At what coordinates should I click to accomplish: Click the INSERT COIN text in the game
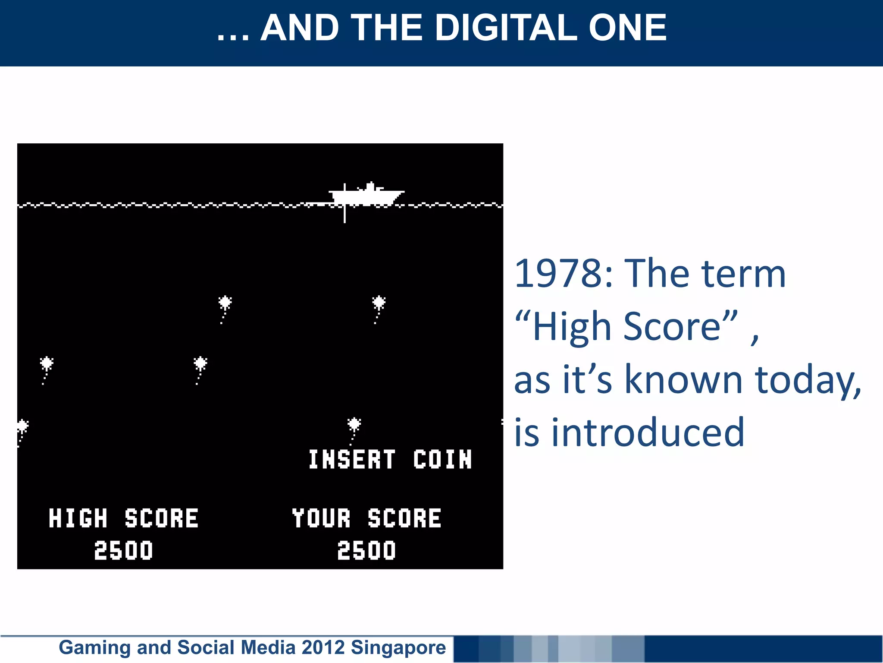click(390, 459)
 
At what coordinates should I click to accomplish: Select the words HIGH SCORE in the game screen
click(123, 518)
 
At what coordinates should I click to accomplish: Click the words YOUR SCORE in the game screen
click(366, 518)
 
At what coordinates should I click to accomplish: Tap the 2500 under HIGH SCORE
click(123, 551)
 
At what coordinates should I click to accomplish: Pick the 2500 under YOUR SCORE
click(366, 551)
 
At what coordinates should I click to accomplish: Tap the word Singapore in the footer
click(398, 647)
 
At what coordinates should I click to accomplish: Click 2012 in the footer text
click(323, 647)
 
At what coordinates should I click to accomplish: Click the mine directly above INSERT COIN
click(354, 425)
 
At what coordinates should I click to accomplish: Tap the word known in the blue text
click(683, 380)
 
